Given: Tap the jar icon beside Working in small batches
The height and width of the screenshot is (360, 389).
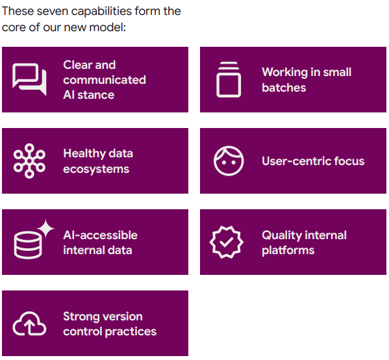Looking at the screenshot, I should [x=229, y=79].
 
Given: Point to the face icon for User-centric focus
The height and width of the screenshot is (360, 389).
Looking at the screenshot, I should [x=229, y=161].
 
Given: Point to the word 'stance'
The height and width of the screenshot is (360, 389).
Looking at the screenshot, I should [x=96, y=95].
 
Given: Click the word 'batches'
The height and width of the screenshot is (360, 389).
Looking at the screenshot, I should [x=284, y=88].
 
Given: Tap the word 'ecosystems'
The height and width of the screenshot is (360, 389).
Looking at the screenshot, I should [x=96, y=169].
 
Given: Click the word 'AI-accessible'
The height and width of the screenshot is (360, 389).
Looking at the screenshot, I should [x=101, y=235].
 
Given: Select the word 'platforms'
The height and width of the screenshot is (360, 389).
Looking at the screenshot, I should [x=288, y=250].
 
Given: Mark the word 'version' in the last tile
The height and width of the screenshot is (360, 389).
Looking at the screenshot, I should [x=121, y=316].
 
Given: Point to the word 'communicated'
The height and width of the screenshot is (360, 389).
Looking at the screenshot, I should [x=105, y=80].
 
